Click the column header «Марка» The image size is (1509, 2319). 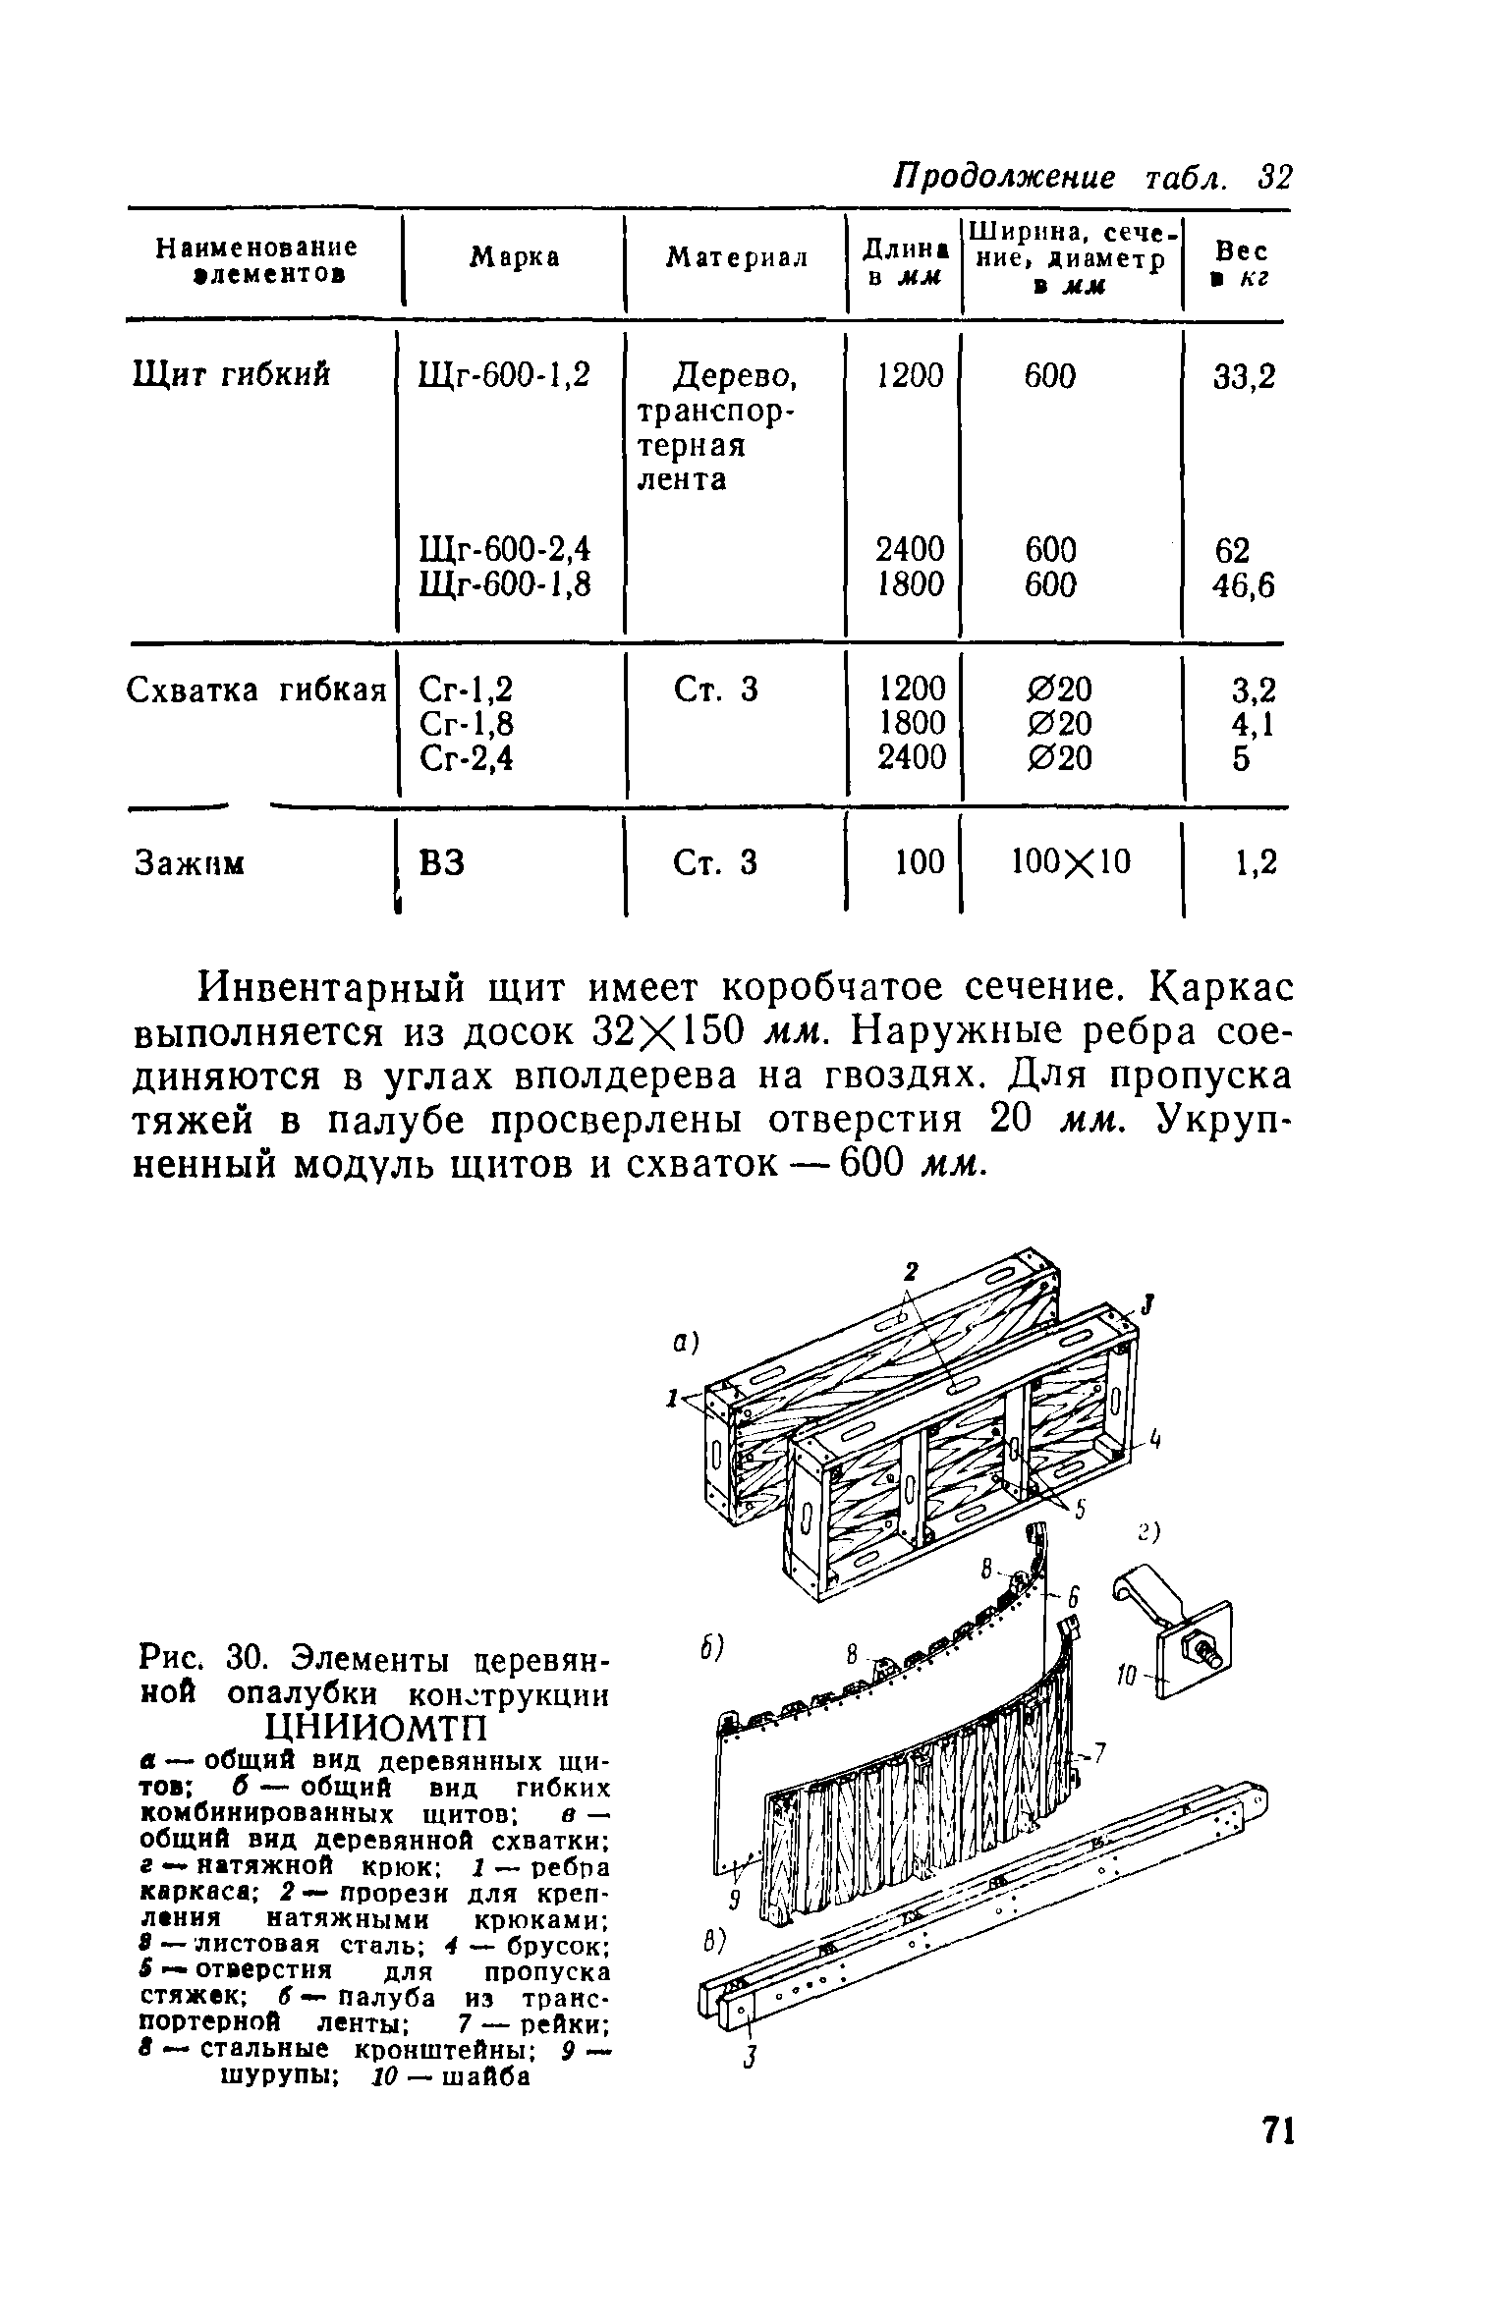pyautogui.click(x=514, y=257)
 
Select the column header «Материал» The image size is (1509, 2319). pyautogui.click(x=737, y=257)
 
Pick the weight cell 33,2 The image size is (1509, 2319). pyautogui.click(x=1244, y=376)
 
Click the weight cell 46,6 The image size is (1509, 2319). pyautogui.click(x=1244, y=585)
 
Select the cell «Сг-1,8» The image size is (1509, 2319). pyautogui.click(x=466, y=724)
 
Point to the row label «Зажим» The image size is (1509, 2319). pyautogui.click(x=189, y=863)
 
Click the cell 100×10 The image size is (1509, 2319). pyautogui.click(x=1071, y=862)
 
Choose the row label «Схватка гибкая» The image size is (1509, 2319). pyautogui.click(x=257, y=690)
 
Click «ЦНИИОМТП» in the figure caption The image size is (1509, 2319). pyautogui.click(x=377, y=1726)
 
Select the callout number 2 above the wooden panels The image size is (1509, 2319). pyautogui.click(x=911, y=1271)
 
